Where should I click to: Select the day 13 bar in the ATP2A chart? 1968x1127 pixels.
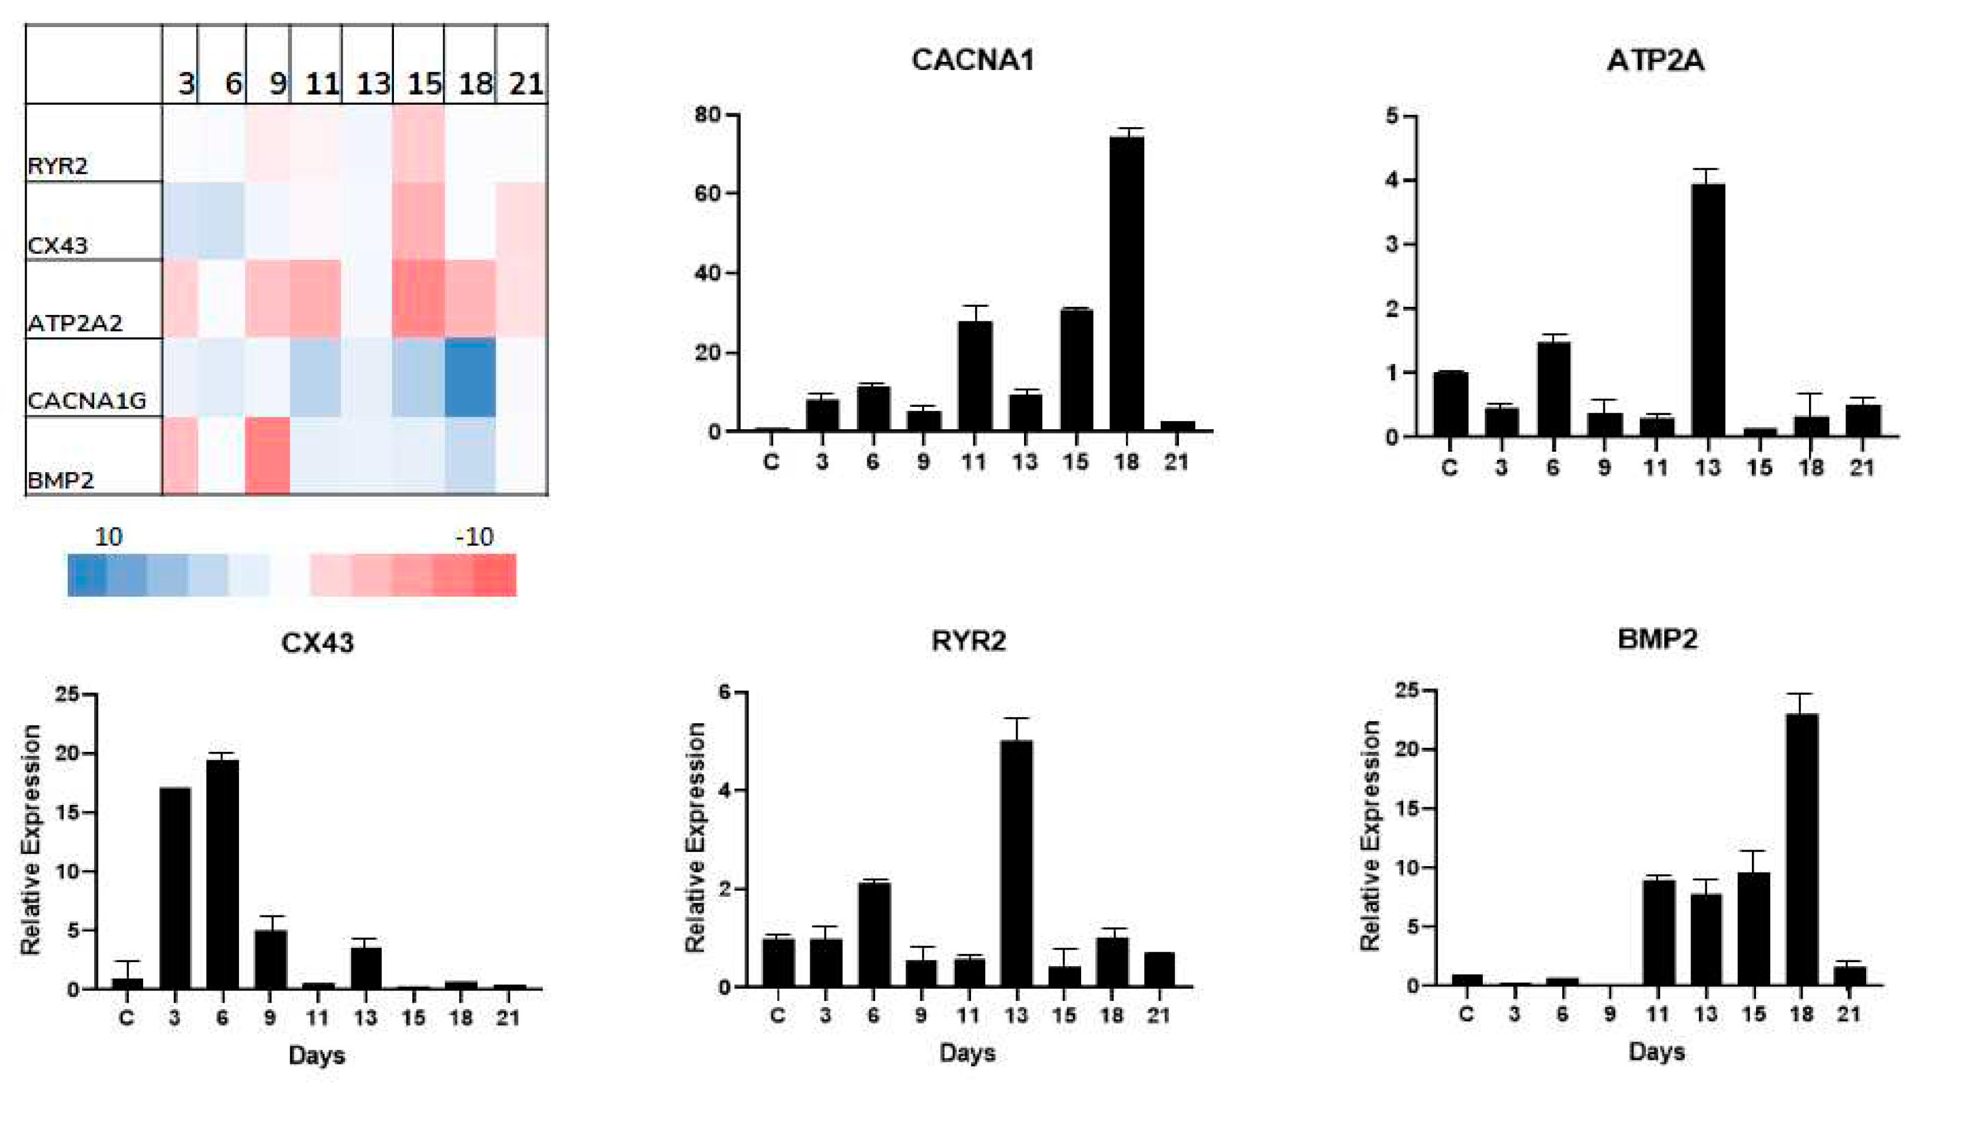(x=1707, y=310)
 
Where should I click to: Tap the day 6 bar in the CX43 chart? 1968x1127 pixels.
(x=222, y=874)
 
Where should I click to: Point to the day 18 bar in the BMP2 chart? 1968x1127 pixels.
(x=1801, y=849)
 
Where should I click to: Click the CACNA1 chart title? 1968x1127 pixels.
(x=973, y=61)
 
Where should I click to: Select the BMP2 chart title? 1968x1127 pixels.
(x=1658, y=639)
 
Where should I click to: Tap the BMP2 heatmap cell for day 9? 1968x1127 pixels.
(x=268, y=456)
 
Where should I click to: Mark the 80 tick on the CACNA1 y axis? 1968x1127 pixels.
(x=707, y=115)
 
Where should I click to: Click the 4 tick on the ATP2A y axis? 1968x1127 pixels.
(x=1392, y=180)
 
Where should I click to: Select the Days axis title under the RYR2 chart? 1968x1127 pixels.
(x=968, y=1053)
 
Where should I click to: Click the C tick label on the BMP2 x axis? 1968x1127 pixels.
(x=1466, y=1014)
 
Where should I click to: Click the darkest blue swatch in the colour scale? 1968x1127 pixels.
(x=87, y=575)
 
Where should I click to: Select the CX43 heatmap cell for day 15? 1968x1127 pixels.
(x=419, y=221)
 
